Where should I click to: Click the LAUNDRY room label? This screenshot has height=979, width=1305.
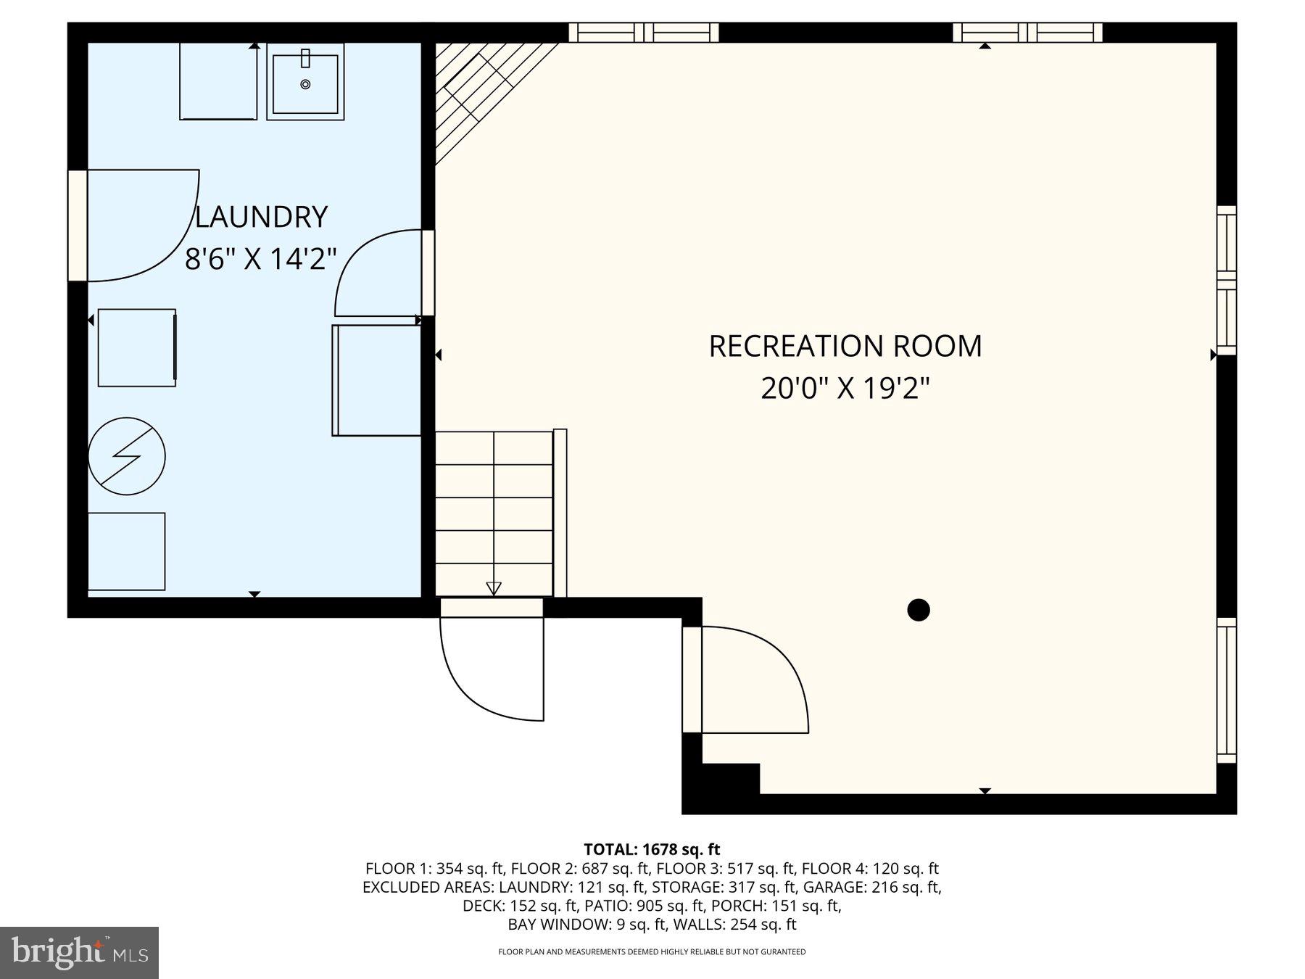tap(261, 217)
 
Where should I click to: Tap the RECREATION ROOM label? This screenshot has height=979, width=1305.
tap(845, 346)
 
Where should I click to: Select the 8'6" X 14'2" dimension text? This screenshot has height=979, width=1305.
tap(261, 259)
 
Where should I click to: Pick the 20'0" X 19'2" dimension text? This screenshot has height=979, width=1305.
tap(845, 389)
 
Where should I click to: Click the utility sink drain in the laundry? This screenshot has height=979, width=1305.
tap(305, 84)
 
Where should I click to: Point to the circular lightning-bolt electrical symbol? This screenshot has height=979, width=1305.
tap(127, 456)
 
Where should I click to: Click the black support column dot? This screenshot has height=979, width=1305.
tap(919, 610)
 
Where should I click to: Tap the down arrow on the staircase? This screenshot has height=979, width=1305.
tap(494, 587)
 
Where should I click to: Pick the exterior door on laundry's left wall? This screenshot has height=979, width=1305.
tap(134, 225)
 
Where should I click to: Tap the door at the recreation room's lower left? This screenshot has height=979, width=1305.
tap(747, 680)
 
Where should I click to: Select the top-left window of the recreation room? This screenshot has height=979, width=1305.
tap(644, 33)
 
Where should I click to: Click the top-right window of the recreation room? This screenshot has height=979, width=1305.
tap(1027, 33)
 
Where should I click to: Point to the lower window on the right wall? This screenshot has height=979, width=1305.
tap(1226, 690)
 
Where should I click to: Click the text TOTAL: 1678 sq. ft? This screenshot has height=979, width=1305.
tap(652, 849)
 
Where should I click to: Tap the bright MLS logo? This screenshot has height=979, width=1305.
tap(79, 952)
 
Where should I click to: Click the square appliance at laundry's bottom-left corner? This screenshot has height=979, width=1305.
tap(127, 551)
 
